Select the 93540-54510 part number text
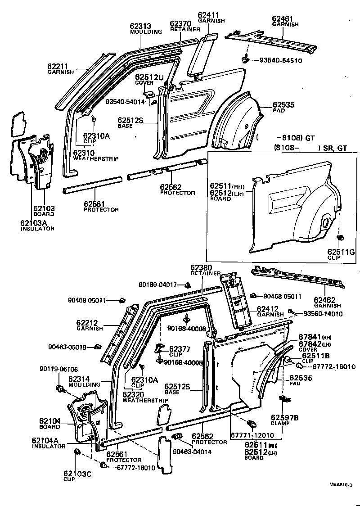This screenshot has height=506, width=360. [x=280, y=60]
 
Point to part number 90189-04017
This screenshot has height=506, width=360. [x=157, y=285]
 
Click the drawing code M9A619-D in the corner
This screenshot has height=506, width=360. [x=340, y=484]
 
